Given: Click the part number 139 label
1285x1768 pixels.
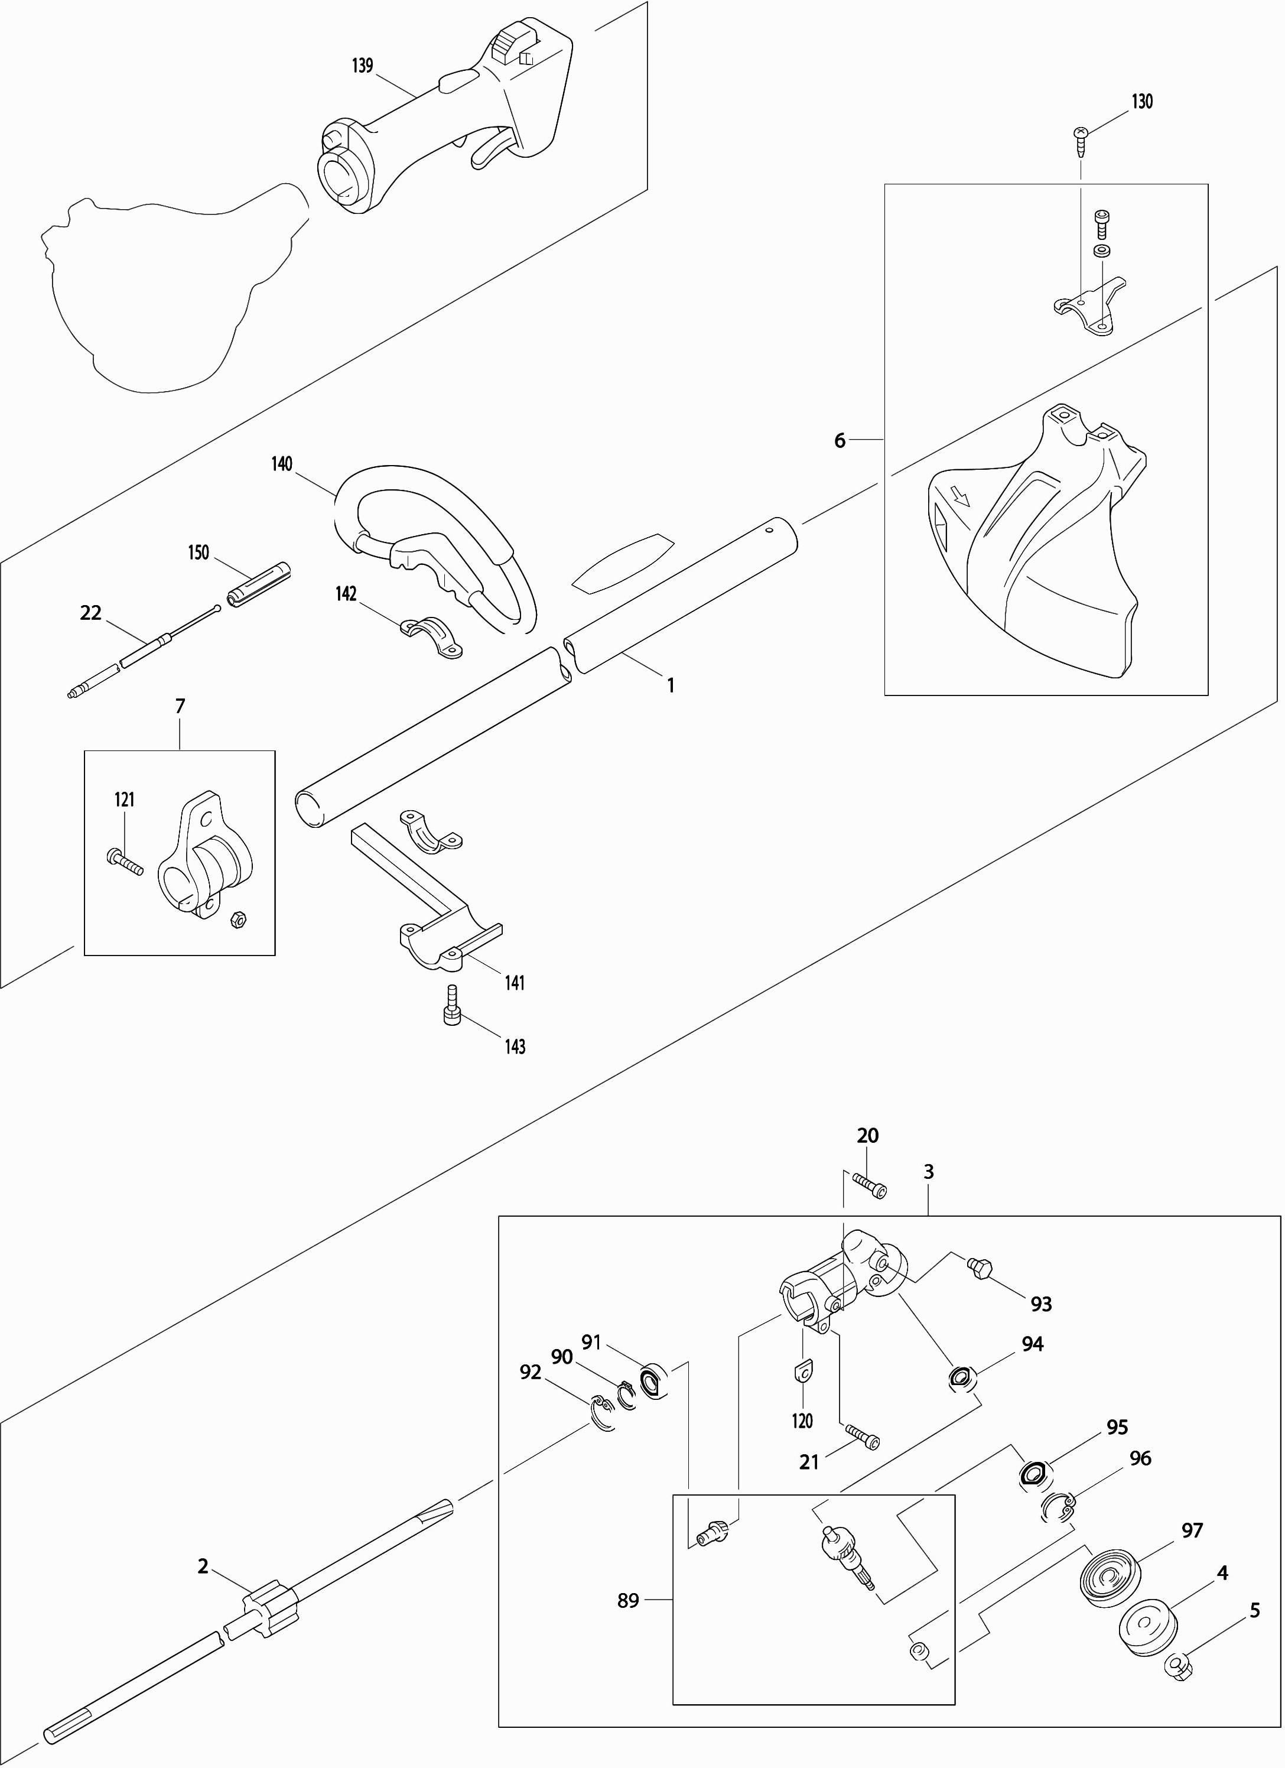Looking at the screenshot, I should click(x=362, y=66).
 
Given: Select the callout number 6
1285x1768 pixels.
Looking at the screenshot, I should click(x=840, y=440).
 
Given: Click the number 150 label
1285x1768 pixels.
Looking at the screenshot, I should click(x=199, y=552).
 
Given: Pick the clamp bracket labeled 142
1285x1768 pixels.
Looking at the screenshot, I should click(x=431, y=636).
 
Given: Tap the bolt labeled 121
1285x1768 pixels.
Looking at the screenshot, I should click(x=124, y=862).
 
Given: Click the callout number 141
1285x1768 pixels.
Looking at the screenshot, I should click(x=515, y=983).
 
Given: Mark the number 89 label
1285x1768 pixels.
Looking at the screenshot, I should click(x=627, y=1600).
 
